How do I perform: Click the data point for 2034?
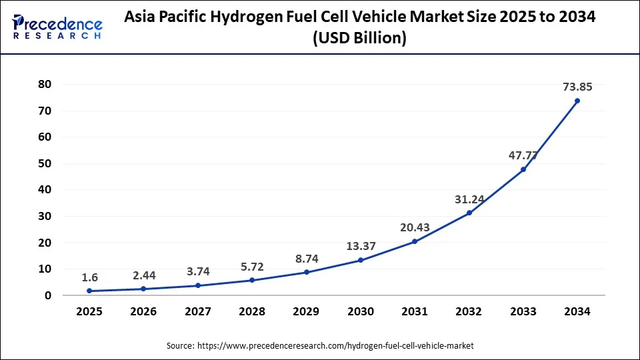(x=577, y=101)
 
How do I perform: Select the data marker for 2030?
(x=361, y=260)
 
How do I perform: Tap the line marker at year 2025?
(x=90, y=291)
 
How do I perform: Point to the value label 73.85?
(x=577, y=86)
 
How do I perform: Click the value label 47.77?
(x=523, y=155)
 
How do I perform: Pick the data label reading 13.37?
(x=361, y=246)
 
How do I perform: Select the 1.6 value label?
(x=90, y=277)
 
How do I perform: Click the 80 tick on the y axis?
(x=45, y=84)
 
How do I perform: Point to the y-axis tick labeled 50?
(x=45, y=163)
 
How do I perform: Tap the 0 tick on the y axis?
(x=49, y=295)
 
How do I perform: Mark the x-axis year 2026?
(x=144, y=312)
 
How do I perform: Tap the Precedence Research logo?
(x=57, y=27)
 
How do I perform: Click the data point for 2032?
(x=469, y=213)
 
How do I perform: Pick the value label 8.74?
(x=307, y=258)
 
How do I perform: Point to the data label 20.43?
(x=415, y=227)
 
